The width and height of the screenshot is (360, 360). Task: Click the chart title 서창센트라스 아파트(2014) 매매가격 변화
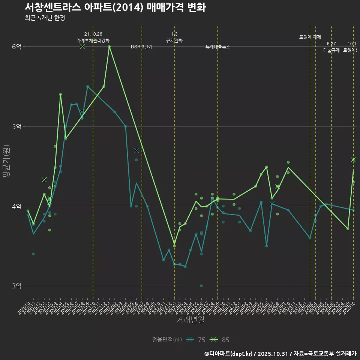point(115,7)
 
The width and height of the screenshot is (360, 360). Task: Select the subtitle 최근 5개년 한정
point(45,18)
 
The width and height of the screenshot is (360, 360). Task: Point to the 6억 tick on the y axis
point(16,46)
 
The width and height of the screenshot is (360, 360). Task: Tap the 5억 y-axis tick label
point(16,126)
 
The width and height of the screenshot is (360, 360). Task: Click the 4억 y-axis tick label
point(16,206)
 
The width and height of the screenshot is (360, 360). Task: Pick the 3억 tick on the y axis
point(16,286)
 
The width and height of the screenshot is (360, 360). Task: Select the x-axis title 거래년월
point(190,320)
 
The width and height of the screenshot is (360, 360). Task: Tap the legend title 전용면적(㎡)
point(167,340)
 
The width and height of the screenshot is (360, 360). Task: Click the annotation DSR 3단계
point(141,47)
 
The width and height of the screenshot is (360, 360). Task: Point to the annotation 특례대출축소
point(217,47)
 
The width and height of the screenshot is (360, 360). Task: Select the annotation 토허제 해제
point(310,37)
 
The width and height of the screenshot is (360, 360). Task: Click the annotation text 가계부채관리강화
point(93,40)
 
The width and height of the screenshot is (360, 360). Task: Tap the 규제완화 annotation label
point(174,40)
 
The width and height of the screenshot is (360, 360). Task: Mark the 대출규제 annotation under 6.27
point(331,50)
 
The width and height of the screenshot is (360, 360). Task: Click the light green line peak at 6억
point(109,46)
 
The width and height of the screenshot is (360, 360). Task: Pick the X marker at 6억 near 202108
point(82,46)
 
